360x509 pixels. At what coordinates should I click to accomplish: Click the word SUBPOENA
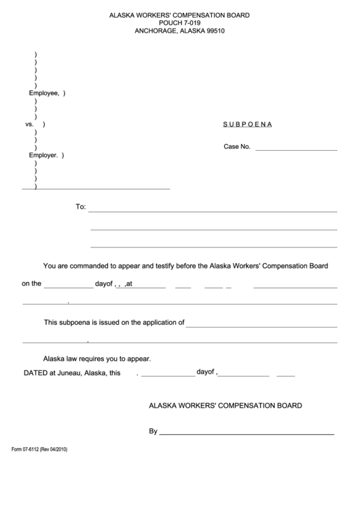point(248,125)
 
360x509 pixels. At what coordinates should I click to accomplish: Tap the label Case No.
point(237,147)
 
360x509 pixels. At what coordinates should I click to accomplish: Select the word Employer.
point(43,155)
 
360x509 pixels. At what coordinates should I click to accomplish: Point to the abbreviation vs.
point(29,125)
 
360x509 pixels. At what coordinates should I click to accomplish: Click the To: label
point(80,207)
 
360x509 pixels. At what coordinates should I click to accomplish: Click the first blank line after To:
point(213,211)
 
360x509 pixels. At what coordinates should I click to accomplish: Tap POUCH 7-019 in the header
point(180,22)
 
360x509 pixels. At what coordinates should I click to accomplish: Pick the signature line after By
point(247,433)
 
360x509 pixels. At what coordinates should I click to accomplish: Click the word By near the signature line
point(153,431)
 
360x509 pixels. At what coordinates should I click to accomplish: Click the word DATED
point(35,372)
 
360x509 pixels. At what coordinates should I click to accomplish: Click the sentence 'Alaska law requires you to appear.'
point(97,358)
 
